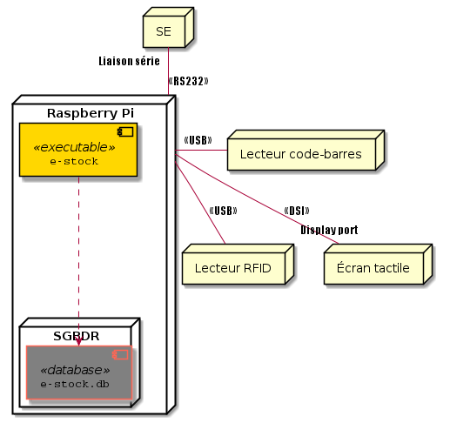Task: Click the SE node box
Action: (168, 27)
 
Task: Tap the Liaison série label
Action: (129, 61)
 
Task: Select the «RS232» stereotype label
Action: (188, 81)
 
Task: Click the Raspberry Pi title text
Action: (91, 113)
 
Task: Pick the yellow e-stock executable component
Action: (78, 150)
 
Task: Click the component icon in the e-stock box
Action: (125, 131)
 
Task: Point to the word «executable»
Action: (74, 147)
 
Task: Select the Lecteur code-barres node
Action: (306, 150)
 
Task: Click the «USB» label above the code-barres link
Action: (198, 140)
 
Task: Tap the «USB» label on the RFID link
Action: (223, 211)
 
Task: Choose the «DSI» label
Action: (297, 211)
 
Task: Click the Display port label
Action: (329, 230)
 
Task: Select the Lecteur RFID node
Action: (238, 264)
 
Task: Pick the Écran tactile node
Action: (379, 264)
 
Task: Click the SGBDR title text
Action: (77, 336)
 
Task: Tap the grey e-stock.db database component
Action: (79, 373)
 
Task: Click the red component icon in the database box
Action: (120, 354)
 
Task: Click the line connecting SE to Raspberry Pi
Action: (168, 71)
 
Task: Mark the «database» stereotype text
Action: (75, 370)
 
